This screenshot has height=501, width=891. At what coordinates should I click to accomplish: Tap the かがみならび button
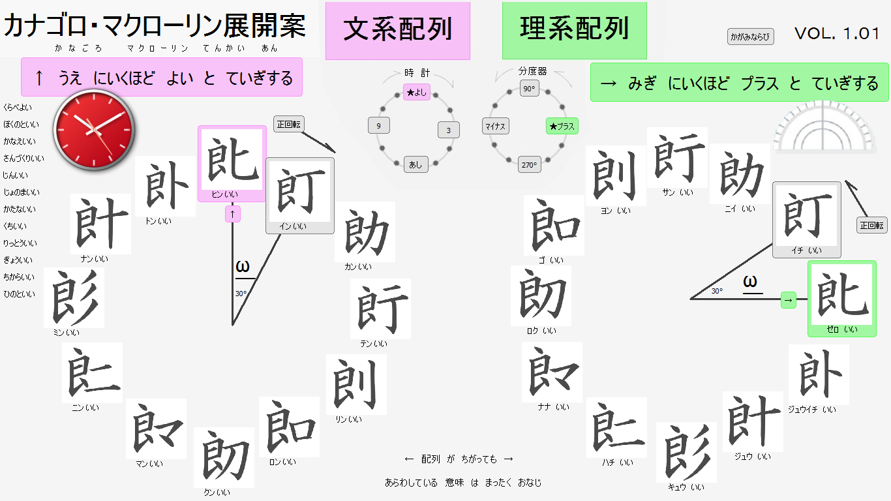click(750, 37)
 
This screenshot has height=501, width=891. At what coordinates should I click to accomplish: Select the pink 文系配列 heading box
click(397, 31)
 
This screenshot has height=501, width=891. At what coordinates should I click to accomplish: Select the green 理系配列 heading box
click(574, 30)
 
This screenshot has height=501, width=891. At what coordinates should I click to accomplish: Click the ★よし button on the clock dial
click(416, 93)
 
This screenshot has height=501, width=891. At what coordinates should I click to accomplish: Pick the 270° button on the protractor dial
click(529, 165)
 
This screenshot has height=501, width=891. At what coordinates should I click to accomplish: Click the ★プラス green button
click(562, 126)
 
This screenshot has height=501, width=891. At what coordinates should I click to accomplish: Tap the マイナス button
click(496, 126)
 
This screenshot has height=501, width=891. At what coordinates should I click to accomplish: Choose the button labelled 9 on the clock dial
click(378, 126)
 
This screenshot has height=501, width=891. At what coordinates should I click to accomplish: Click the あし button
click(415, 165)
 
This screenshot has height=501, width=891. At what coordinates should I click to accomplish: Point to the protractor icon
click(823, 127)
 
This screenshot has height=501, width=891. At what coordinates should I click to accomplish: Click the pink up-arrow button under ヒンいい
click(233, 214)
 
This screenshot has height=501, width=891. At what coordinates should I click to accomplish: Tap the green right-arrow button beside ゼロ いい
click(789, 300)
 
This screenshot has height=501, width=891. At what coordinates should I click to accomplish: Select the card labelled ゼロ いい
click(841, 299)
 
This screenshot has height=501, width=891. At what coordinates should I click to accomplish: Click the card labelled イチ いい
click(806, 219)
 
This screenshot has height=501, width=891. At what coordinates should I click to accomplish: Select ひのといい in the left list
click(20, 294)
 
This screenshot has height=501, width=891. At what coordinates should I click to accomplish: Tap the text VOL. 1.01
click(837, 34)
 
